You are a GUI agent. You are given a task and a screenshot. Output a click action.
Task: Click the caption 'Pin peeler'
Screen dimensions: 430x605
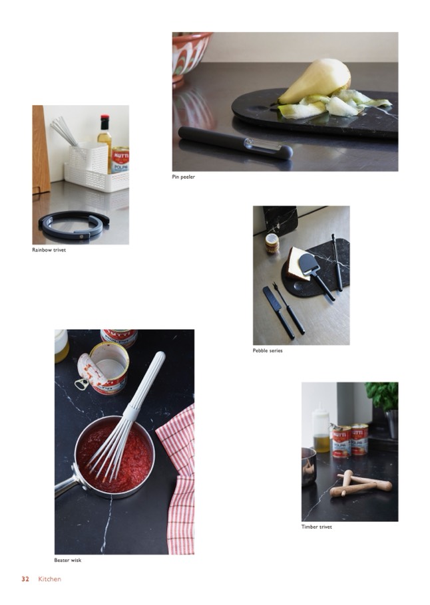coord(184,177)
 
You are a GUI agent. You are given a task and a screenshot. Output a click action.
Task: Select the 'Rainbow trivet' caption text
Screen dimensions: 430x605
coord(49,250)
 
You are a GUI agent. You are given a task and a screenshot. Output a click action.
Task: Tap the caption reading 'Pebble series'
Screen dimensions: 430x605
coord(268,351)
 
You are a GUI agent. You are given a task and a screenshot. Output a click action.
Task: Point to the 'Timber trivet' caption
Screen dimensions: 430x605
coord(317,527)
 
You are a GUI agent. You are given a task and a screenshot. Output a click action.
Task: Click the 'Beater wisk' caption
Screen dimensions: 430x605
coord(68,560)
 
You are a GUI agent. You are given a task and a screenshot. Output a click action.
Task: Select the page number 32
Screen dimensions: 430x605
coord(25,579)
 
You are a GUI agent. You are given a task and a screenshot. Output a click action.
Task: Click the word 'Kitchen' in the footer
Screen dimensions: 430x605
coord(49,579)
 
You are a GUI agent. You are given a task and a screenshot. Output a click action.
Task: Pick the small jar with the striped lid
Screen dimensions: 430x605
coord(272,243)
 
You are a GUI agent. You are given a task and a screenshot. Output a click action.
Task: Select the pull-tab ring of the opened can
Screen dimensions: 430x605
coord(81,384)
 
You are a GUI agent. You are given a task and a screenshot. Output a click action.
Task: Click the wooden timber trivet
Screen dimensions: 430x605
coord(359,484)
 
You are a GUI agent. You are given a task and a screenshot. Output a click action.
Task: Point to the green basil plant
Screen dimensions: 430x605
coord(383,396)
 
